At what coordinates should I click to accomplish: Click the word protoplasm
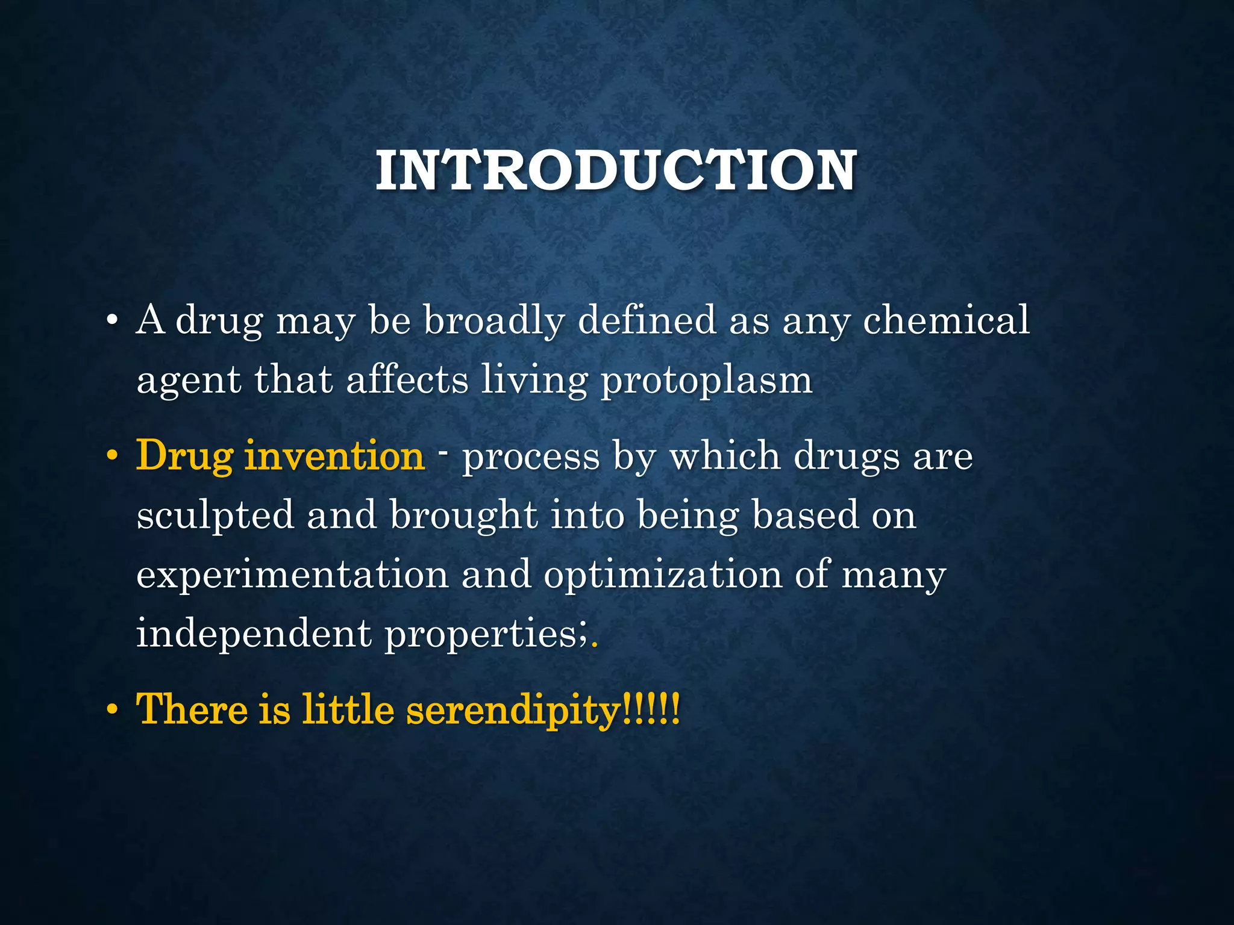(x=707, y=381)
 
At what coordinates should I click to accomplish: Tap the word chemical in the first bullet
(x=946, y=320)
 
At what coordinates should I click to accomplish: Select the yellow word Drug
(x=184, y=456)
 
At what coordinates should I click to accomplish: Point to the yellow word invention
(x=334, y=456)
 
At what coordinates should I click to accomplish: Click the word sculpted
(x=215, y=517)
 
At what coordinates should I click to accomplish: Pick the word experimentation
(x=292, y=575)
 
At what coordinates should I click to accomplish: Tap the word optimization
(x=663, y=575)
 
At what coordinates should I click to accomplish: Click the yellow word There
(x=192, y=709)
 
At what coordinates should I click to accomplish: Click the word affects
(x=407, y=380)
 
